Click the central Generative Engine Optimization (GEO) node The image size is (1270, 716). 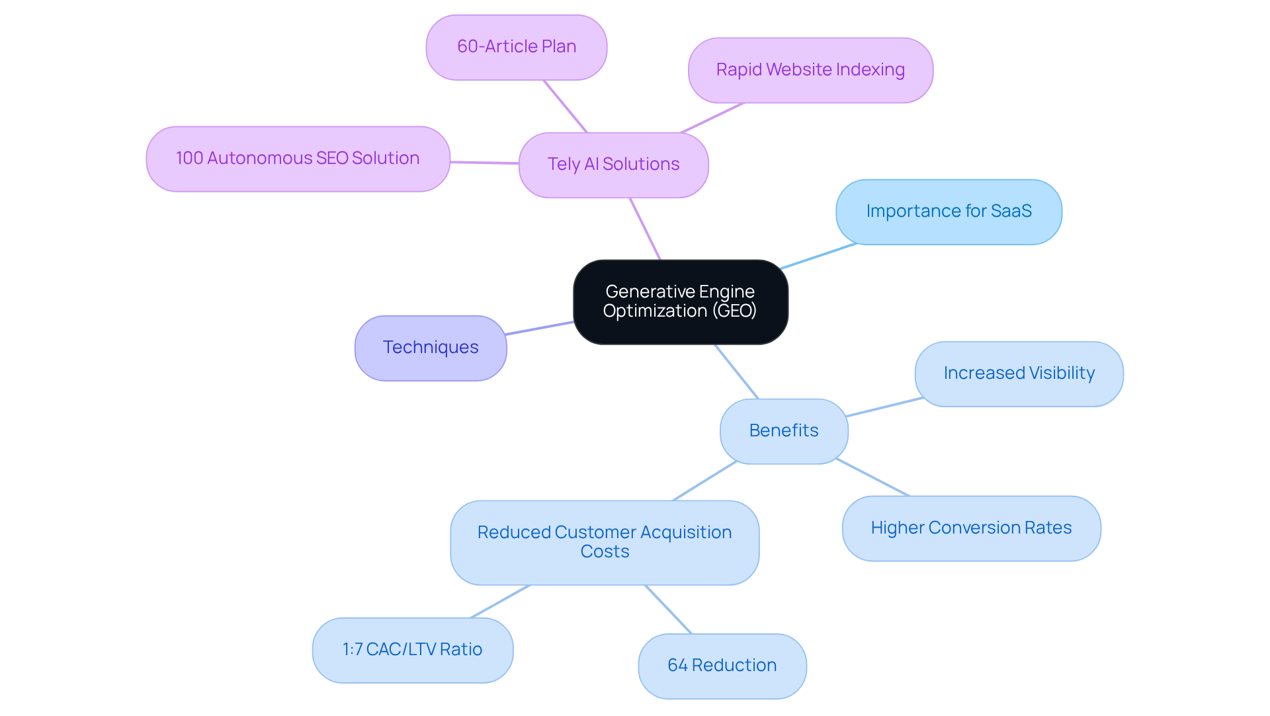tap(680, 301)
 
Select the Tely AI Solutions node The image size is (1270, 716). tap(613, 165)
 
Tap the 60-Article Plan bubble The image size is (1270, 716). tap(516, 47)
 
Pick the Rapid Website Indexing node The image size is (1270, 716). tap(810, 70)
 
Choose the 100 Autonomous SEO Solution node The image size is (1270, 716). tap(298, 159)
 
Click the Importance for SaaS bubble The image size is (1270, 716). tap(949, 212)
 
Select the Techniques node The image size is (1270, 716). tap(431, 348)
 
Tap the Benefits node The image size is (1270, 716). tap(784, 431)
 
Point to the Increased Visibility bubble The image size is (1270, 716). tap(1019, 374)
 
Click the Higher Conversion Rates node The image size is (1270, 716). tap(971, 528)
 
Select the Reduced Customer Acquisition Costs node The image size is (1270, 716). tap(605, 542)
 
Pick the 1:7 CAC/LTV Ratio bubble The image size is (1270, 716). tap(412, 650)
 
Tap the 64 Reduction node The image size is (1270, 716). tap(722, 666)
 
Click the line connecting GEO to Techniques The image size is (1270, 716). tap(540, 328)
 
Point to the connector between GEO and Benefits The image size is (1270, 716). tap(736, 372)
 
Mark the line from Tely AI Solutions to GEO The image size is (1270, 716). tap(645, 229)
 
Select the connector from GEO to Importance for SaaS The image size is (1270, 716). tap(818, 257)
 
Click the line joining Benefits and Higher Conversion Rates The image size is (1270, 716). tap(873, 477)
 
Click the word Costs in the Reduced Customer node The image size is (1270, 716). tap(605, 552)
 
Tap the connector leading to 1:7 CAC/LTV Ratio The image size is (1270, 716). tap(500, 602)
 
